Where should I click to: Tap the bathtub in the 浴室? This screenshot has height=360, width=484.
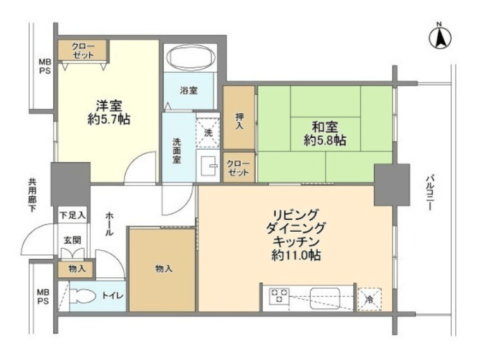pos(190,57)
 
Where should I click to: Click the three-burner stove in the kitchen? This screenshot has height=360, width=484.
pos(279,295)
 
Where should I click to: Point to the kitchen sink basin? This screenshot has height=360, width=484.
pos(325,297)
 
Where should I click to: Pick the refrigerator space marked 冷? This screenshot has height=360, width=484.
pos(370,299)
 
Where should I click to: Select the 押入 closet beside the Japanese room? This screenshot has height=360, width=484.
pos(239,117)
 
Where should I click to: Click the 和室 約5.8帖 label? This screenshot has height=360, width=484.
pos(325,133)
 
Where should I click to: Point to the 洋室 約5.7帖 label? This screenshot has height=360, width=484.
pos(109,112)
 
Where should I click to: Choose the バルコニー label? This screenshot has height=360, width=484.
pos(430,193)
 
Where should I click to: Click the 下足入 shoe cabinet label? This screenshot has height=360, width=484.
pos(73,215)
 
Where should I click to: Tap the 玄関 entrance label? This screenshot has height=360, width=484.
pos(73,240)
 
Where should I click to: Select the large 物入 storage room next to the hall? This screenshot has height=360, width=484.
pos(162,270)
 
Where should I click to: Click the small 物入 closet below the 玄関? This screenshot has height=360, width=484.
pos(76,269)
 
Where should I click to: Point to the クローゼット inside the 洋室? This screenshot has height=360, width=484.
pos(83,51)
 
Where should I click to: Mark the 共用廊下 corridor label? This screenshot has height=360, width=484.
pos(32,195)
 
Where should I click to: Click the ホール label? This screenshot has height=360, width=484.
pos(109,224)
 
